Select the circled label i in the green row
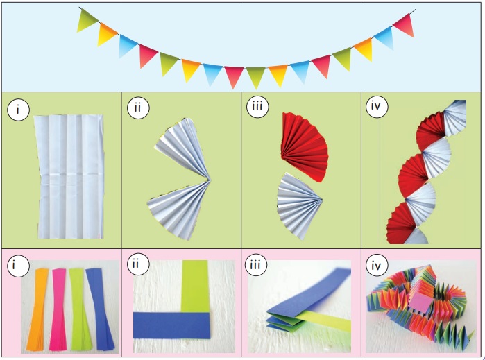point(18,110)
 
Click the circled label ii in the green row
point(138,108)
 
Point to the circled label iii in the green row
point(257,107)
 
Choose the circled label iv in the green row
point(376,107)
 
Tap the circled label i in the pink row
point(18,266)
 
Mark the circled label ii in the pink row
point(138,264)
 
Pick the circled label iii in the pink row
point(255,266)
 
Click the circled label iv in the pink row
point(376,266)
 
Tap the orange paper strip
point(37,309)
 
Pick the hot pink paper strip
point(58,309)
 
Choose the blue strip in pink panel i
point(100,309)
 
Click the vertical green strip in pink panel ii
point(196,286)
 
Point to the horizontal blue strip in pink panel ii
point(172,325)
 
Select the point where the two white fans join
point(208,180)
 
